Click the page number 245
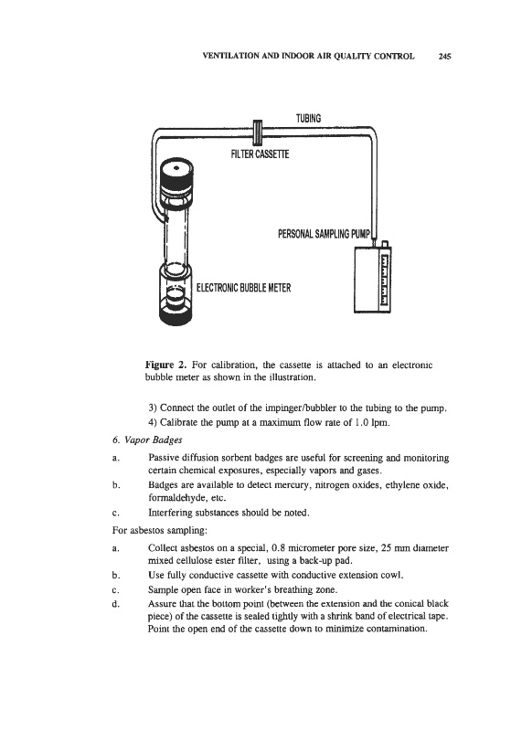444,57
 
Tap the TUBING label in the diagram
308,119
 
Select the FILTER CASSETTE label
260,154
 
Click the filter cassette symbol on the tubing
257,132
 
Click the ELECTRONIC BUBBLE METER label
243,288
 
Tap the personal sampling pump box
372,279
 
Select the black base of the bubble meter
176,315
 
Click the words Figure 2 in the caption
166,365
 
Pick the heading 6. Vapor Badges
147,440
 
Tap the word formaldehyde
176,497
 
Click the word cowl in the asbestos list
391,575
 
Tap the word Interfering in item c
169,513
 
